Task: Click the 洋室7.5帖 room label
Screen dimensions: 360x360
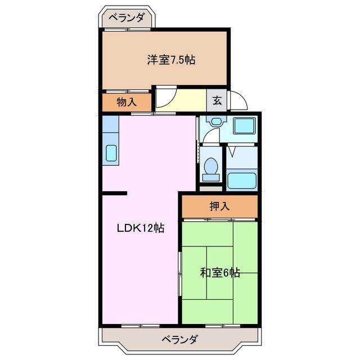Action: click(x=172, y=60)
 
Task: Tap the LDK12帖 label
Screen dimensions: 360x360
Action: click(x=140, y=228)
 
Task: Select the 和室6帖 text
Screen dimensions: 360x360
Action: click(x=220, y=273)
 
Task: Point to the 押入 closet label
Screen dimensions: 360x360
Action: click(x=220, y=206)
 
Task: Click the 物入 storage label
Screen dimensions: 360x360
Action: click(x=126, y=102)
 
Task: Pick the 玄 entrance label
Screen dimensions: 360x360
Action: click(x=217, y=102)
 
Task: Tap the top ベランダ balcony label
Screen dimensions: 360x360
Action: click(x=127, y=17)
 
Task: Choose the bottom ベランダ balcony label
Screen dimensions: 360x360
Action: click(x=179, y=339)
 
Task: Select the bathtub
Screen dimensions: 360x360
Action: click(x=241, y=180)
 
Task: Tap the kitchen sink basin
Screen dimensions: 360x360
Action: click(x=110, y=152)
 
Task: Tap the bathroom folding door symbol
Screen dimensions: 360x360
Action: click(x=232, y=151)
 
